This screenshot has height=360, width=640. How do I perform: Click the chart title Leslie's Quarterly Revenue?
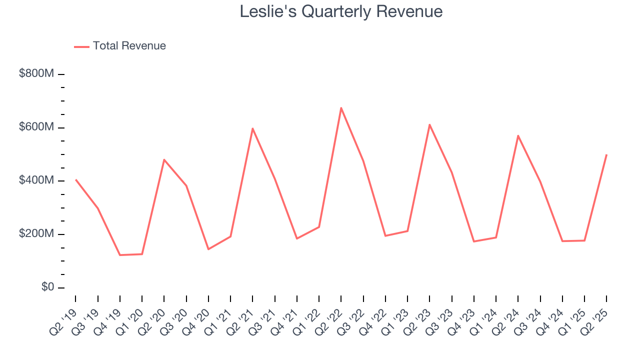(341, 11)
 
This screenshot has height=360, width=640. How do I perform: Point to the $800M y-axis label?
(36, 73)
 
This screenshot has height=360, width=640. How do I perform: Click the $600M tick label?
(36, 127)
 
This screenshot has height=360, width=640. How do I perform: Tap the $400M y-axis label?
(36, 180)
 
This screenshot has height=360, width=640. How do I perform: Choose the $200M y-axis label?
(36, 233)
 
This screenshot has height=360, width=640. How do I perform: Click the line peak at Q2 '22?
(341, 108)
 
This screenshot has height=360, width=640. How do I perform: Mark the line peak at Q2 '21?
(252, 128)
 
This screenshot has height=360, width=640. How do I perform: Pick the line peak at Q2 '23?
(429, 124)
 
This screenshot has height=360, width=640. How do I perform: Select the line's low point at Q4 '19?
(120, 255)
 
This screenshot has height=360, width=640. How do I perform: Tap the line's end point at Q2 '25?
(606, 154)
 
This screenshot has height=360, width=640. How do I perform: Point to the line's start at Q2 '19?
(75, 179)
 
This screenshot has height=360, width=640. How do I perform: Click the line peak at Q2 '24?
(518, 135)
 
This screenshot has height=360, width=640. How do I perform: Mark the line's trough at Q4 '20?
(208, 249)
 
